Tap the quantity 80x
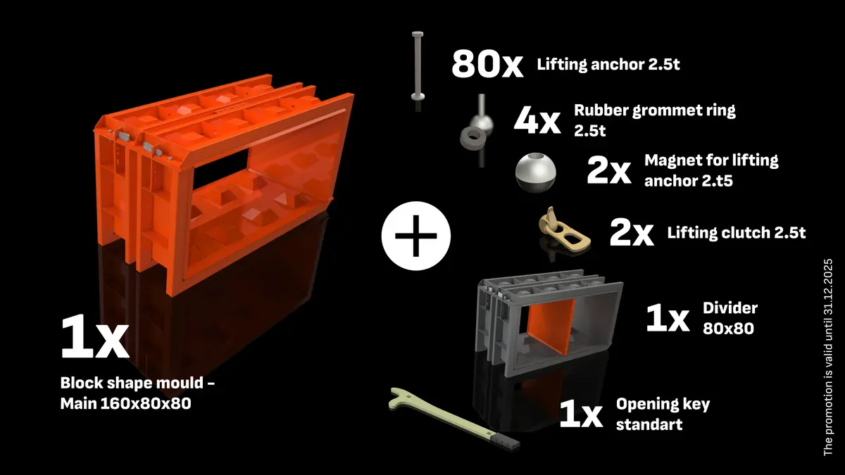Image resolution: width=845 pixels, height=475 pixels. tap(487, 65)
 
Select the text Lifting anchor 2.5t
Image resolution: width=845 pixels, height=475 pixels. tap(608, 65)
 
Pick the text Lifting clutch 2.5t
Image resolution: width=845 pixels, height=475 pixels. tap(737, 233)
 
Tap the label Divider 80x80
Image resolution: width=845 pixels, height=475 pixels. tap(729, 317)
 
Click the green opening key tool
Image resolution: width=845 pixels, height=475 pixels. tap(451, 419)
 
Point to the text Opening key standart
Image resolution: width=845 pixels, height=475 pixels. tap(662, 414)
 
